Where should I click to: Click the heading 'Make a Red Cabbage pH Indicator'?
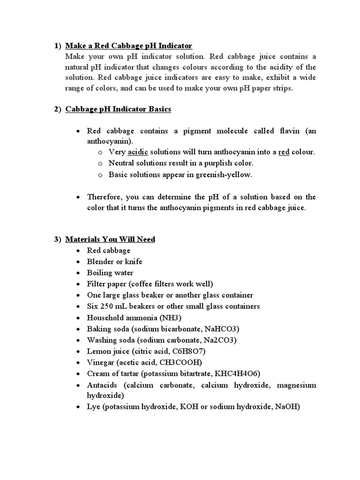pyautogui.click(x=129, y=46)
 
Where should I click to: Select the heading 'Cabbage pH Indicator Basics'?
pyautogui.click(x=118, y=109)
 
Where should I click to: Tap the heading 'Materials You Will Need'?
pyautogui.click(x=110, y=239)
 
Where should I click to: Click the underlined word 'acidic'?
pyautogui.click(x=138, y=152)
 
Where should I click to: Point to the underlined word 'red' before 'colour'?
pyautogui.click(x=284, y=152)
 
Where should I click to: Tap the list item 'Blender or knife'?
pyautogui.click(x=114, y=262)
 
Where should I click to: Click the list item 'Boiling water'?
pyautogui.click(x=110, y=273)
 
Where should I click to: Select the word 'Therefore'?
pyautogui.click(x=105, y=197)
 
